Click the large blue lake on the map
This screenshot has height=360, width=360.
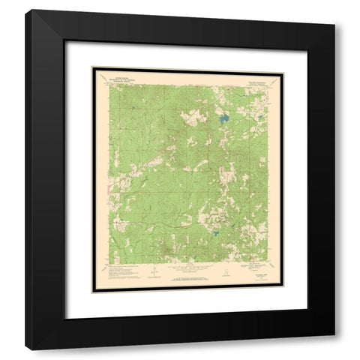coord(223,117)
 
